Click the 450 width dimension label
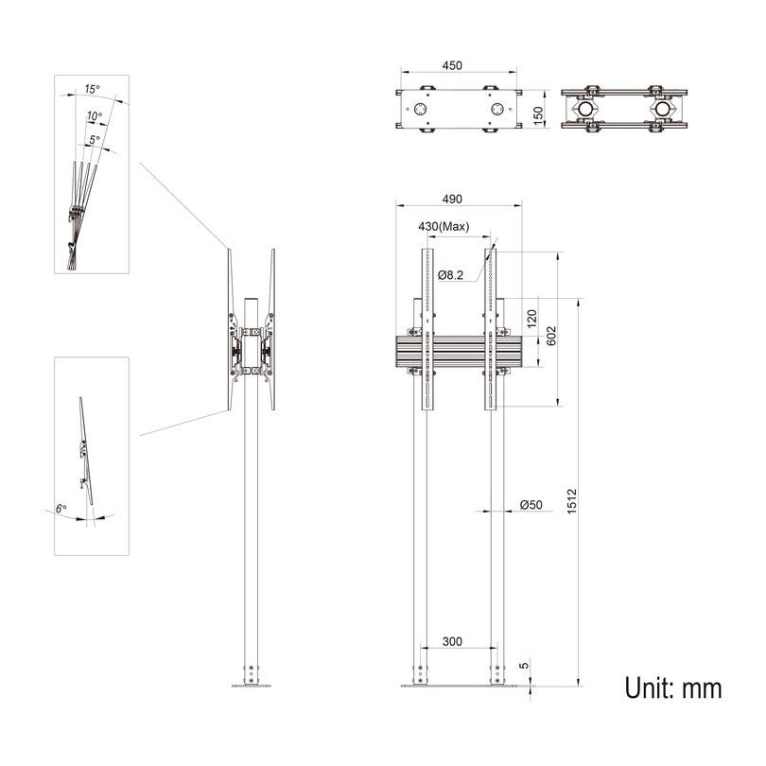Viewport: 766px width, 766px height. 452,65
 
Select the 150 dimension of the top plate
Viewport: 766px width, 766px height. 538,113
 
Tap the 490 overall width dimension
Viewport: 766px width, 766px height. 452,199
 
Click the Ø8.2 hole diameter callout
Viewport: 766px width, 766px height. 451,273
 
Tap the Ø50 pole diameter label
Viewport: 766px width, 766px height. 531,506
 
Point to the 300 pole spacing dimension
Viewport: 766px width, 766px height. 452,642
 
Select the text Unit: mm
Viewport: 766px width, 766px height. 672,688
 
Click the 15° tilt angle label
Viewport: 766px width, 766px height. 92,89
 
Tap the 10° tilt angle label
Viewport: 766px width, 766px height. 94,115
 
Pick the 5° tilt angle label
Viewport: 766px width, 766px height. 95,139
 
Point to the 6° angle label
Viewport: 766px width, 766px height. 61,509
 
